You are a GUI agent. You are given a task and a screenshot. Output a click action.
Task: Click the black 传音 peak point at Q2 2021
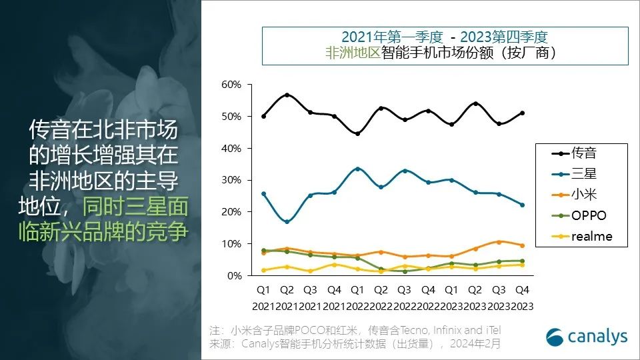pyautogui.click(x=287, y=95)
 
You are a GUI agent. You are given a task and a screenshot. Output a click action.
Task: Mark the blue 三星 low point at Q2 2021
pyautogui.click(x=287, y=221)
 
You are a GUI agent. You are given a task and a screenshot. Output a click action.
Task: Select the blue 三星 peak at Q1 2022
pyautogui.click(x=357, y=169)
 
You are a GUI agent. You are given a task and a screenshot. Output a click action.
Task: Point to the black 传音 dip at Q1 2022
pyautogui.click(x=357, y=133)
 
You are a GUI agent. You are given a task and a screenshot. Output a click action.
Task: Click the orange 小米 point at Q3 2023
pyautogui.click(x=499, y=241)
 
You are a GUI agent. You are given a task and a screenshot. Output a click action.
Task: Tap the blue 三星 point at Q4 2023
pyautogui.click(x=522, y=205)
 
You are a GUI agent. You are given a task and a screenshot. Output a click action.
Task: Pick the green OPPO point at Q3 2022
pyautogui.click(x=405, y=271)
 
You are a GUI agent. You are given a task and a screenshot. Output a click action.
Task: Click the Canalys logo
pyautogui.click(x=587, y=337)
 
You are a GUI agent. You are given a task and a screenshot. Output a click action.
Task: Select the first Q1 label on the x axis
pyautogui.click(x=263, y=290)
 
